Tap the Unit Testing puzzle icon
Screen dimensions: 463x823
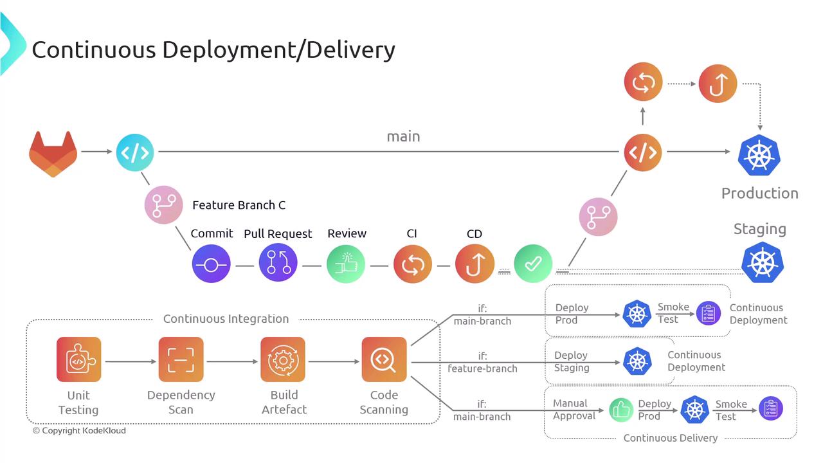pyautogui.click(x=78, y=359)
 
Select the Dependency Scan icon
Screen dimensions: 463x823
pyautogui.click(x=181, y=359)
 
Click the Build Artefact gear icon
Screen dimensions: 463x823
pyautogui.click(x=283, y=359)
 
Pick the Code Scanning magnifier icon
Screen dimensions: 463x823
pyautogui.click(x=384, y=359)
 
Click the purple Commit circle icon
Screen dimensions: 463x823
pyautogui.click(x=211, y=264)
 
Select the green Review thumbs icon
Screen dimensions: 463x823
pyautogui.click(x=346, y=264)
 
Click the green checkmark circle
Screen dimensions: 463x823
pyautogui.click(x=533, y=263)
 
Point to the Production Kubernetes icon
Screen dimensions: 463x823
pyautogui.click(x=759, y=156)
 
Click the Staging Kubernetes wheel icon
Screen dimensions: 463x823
pyautogui.click(x=763, y=262)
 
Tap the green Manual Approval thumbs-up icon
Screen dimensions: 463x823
pyautogui.click(x=621, y=410)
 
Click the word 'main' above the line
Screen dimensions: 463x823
pyautogui.click(x=403, y=136)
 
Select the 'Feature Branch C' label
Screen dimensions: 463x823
pyautogui.click(x=239, y=205)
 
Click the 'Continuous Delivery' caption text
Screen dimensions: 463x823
pyautogui.click(x=670, y=438)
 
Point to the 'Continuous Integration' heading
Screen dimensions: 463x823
pyautogui.click(x=226, y=319)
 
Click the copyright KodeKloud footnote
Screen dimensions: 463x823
pyautogui.click(x=79, y=431)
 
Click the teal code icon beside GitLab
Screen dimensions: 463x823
pyautogui.click(x=135, y=152)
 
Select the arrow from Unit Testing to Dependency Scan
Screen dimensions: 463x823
pyautogui.click(x=130, y=361)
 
